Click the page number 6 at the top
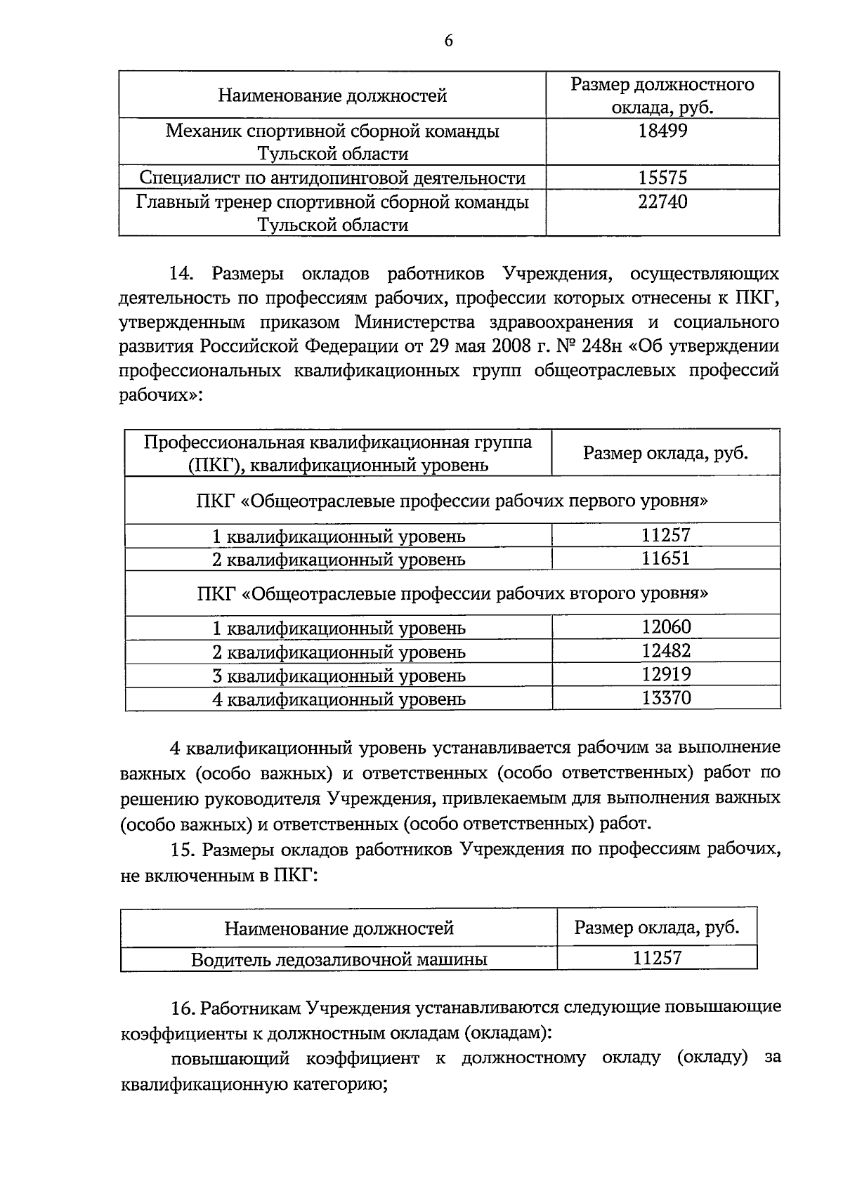point(448,41)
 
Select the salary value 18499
point(662,131)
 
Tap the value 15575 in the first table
point(662,178)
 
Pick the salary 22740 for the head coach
point(662,202)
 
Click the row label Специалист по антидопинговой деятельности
point(332,178)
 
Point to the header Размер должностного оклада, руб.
point(662,96)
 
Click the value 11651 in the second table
point(665,559)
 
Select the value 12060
point(666,626)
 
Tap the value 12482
point(666,651)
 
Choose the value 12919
point(666,675)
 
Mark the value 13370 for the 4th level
point(666,698)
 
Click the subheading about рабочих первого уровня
point(452,501)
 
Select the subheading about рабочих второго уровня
point(452,593)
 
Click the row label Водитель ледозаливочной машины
point(339,959)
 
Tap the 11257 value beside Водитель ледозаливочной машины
point(657,958)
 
